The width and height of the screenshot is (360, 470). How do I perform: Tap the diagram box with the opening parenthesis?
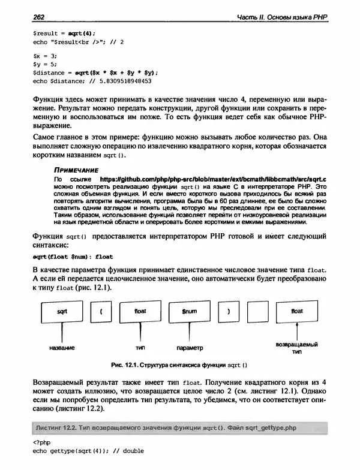[x=101, y=312]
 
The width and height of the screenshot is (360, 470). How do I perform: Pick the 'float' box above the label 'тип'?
[x=140, y=312]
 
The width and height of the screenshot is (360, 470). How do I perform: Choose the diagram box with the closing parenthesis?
[x=228, y=312]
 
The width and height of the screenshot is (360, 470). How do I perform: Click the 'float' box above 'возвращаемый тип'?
[x=297, y=312]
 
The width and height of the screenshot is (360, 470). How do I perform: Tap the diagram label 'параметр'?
[x=190, y=347]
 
